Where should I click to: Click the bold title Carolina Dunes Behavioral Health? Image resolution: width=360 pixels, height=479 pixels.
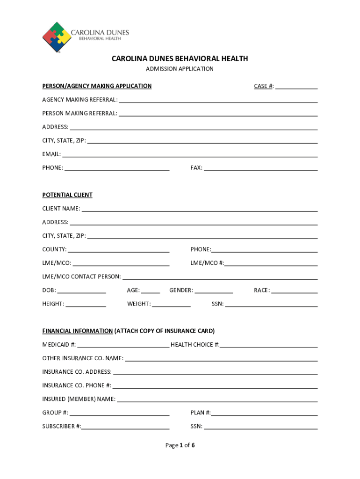[180, 59]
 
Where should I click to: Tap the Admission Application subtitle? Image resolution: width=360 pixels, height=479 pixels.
[180, 69]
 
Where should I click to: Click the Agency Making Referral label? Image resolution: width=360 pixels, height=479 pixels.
[80, 100]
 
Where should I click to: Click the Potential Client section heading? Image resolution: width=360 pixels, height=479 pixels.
[67, 195]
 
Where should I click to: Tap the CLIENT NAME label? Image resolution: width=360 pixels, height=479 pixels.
[61, 209]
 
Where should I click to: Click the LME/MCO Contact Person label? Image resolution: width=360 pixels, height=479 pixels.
[81, 277]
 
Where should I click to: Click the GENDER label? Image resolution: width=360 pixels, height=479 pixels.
[181, 290]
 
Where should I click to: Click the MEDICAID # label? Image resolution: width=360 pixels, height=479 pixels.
[59, 345]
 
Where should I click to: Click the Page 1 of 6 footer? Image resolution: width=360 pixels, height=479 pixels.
[180, 445]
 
